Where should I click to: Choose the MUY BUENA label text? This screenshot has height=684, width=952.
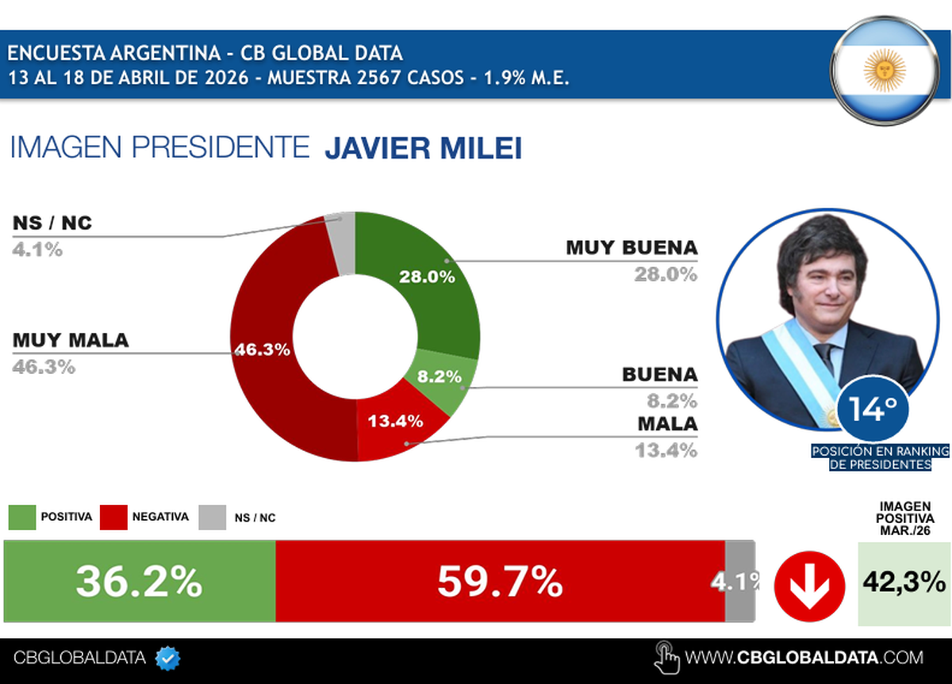[x=631, y=247]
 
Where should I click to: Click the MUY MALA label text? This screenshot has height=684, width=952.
[x=71, y=340]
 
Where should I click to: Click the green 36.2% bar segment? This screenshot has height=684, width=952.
[x=140, y=582]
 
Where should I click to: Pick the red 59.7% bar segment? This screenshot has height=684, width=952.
[x=500, y=582]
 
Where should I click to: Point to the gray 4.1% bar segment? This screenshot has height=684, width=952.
[x=739, y=582]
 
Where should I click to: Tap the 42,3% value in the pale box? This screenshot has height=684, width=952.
[x=903, y=583]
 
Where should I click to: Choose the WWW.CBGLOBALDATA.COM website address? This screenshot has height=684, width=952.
[x=804, y=657]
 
